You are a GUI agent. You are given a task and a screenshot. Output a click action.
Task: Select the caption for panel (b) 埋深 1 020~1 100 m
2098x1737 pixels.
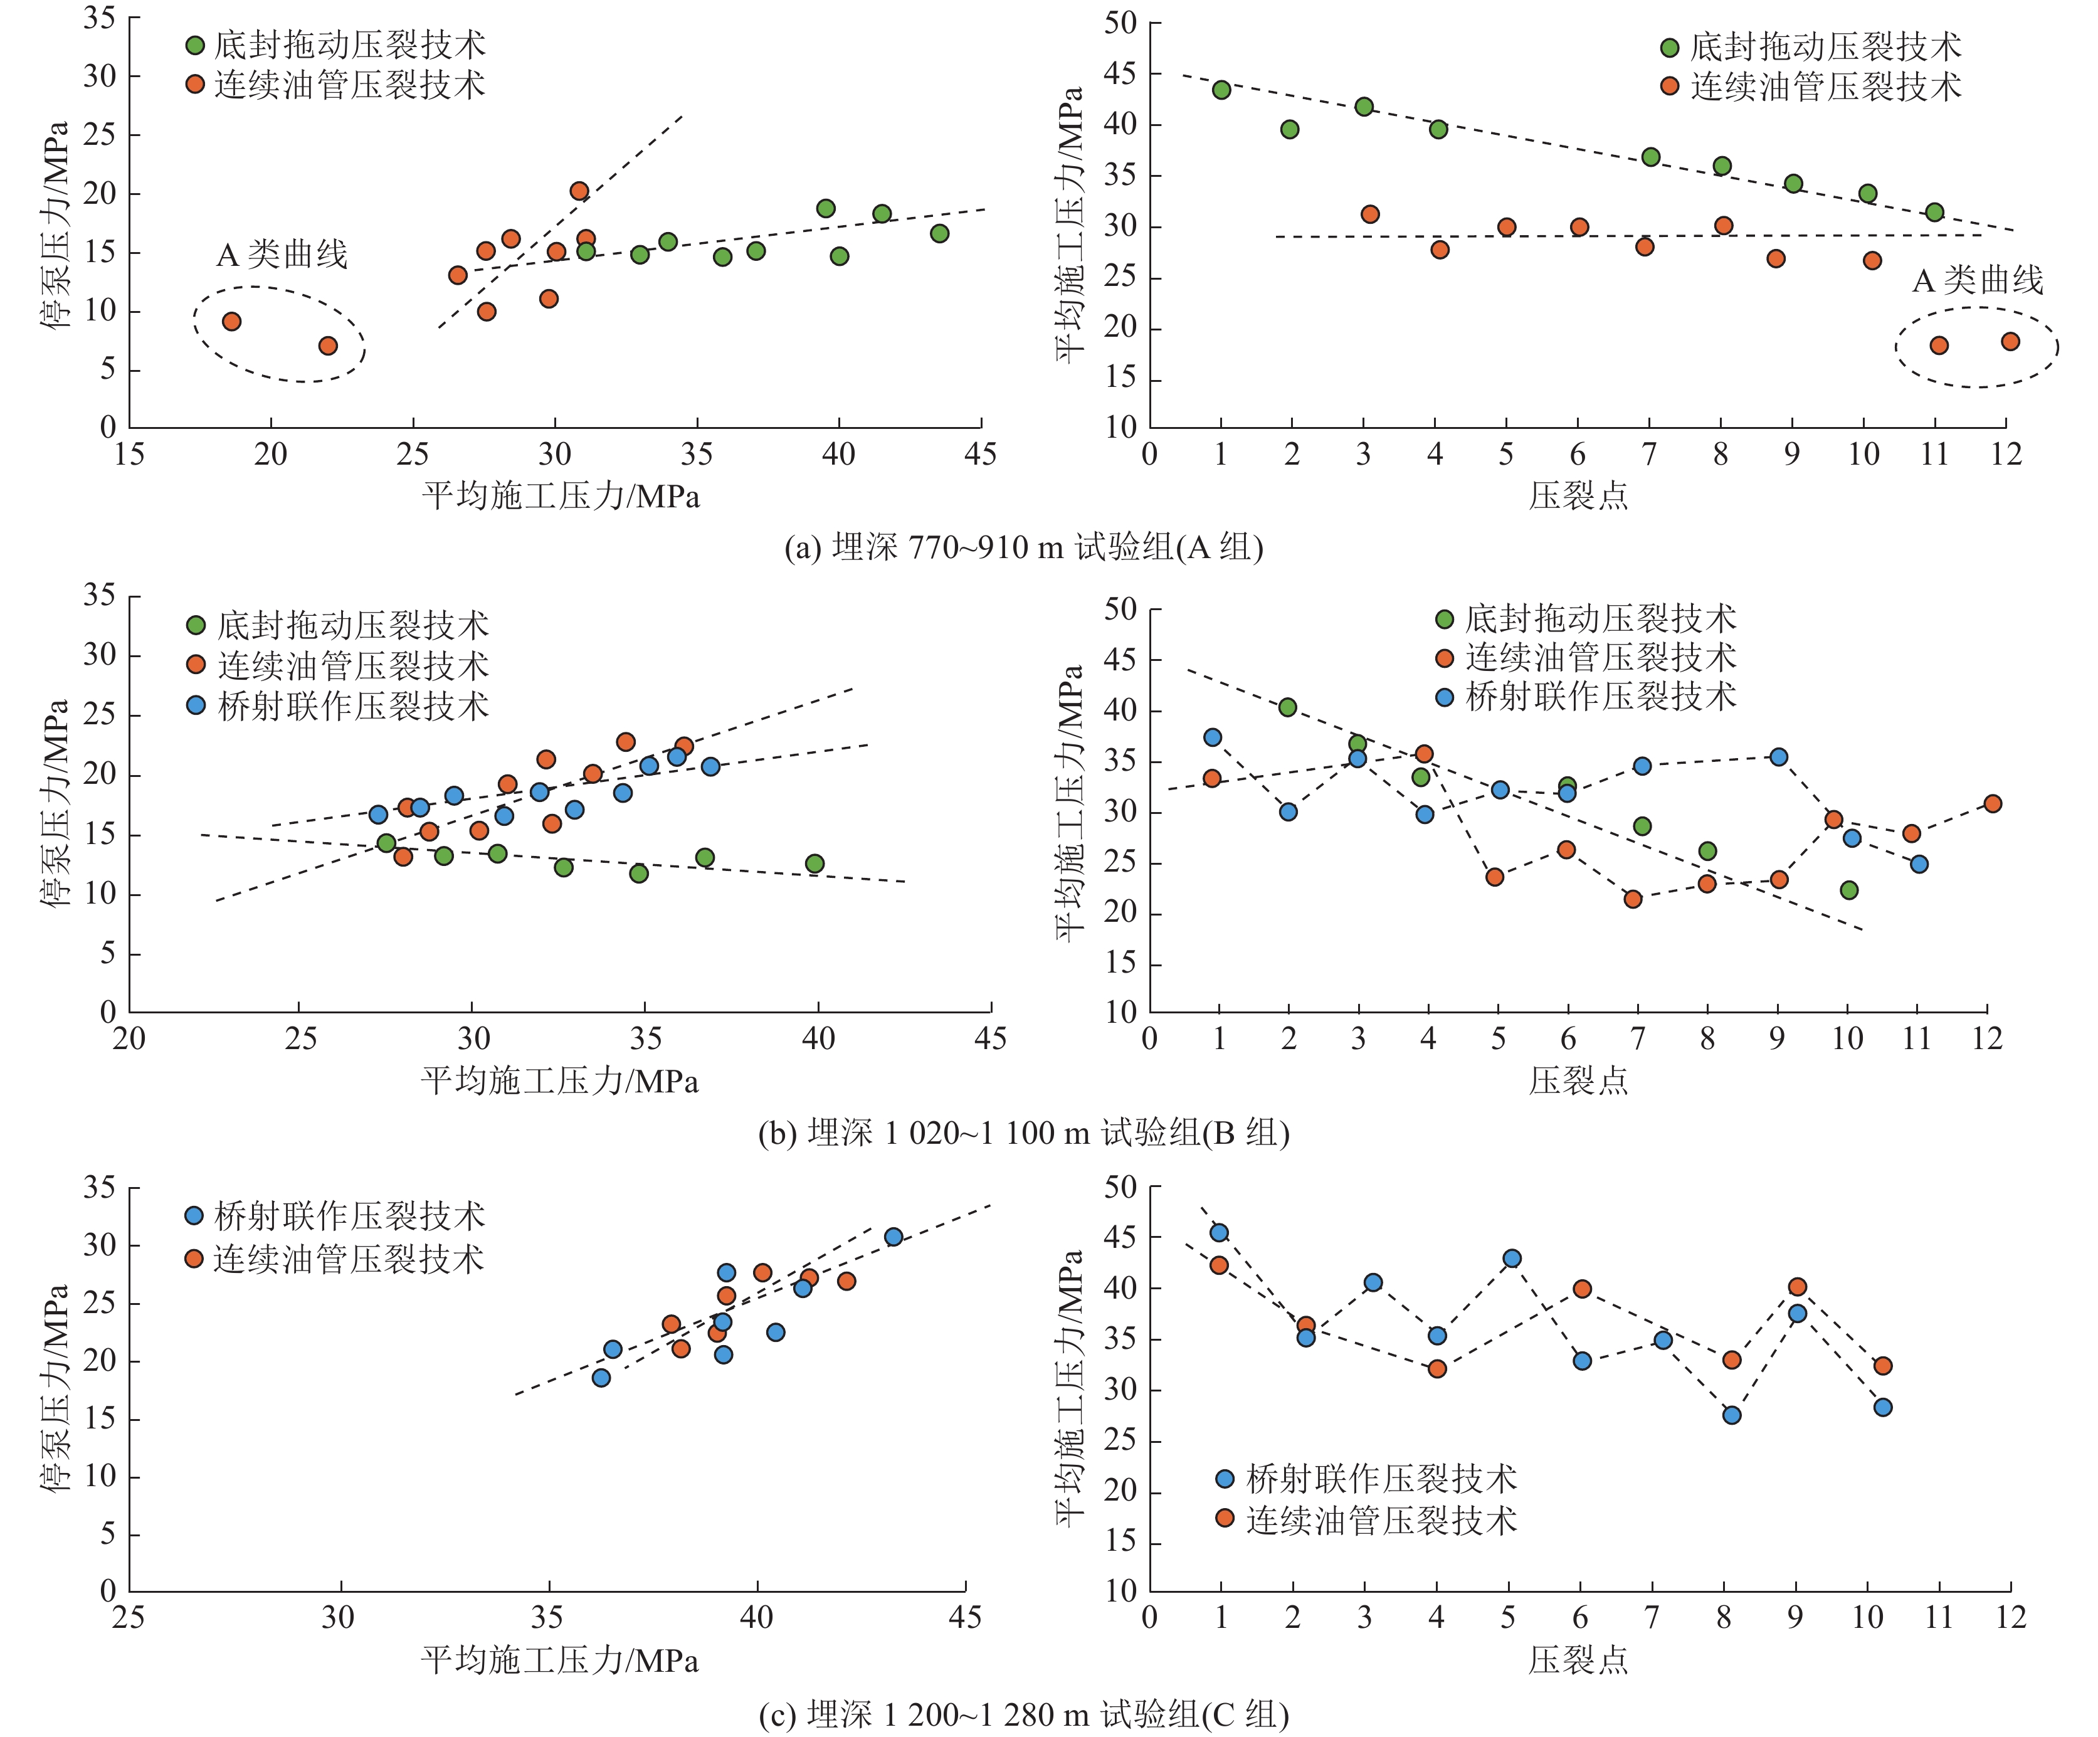[x=1023, y=1132]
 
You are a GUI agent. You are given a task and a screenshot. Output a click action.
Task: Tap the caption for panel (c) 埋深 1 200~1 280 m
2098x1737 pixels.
[x=1023, y=1715]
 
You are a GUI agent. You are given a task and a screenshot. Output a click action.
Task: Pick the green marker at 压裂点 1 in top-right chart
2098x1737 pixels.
[x=1221, y=90]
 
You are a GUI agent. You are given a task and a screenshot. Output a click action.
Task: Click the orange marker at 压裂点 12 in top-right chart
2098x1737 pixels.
[x=2010, y=342]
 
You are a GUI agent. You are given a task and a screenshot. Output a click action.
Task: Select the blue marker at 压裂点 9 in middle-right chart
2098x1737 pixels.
[x=1778, y=756]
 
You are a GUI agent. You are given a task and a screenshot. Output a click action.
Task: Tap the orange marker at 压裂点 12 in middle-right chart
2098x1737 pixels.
[x=1992, y=803]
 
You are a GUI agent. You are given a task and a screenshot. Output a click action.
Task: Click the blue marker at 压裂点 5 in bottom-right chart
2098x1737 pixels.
[x=1512, y=1259]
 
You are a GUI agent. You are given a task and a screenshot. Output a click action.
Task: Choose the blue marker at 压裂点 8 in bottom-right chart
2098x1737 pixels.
[x=1731, y=1414]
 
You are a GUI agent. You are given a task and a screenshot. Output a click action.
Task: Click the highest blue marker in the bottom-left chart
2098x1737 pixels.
[x=893, y=1237]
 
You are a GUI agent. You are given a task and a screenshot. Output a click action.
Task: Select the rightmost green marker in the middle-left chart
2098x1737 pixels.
[x=814, y=863]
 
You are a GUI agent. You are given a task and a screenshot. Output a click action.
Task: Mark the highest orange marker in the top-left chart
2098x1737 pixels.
[x=579, y=191]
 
